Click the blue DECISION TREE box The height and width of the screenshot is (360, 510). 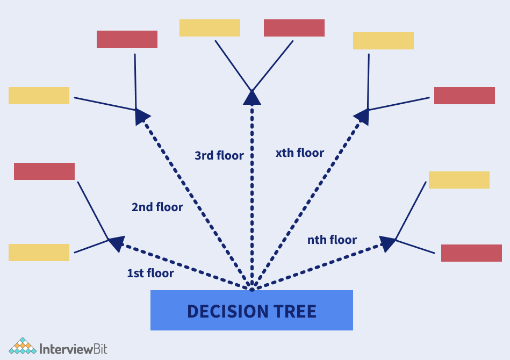coord(252,310)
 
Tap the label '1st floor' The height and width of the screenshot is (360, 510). coord(150,273)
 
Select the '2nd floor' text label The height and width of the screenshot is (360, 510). coord(157,207)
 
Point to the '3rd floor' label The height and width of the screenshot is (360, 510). coord(219,156)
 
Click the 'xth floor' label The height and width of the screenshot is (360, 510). coord(300,153)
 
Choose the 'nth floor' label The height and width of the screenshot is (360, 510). coord(332,240)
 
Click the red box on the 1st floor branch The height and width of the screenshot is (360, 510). coord(44,171)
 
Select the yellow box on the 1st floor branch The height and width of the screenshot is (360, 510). coord(39,253)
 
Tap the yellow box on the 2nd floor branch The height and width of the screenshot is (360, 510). coord(39,96)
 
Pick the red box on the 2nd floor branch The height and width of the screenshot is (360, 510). coord(127,39)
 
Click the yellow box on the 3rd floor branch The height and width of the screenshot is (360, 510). coord(210,28)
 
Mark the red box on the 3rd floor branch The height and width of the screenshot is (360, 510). coord(294,28)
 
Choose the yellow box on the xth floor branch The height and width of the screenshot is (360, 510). coord(383,41)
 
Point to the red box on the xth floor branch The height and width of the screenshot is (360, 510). coord(464,96)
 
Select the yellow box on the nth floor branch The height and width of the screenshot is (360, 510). coord(459,180)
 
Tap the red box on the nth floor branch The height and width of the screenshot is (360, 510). coord(471,253)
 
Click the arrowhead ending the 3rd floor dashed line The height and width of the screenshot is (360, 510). coord(252,97)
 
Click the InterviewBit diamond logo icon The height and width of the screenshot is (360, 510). coord(22,347)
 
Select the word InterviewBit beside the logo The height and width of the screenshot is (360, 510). coord(74,349)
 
